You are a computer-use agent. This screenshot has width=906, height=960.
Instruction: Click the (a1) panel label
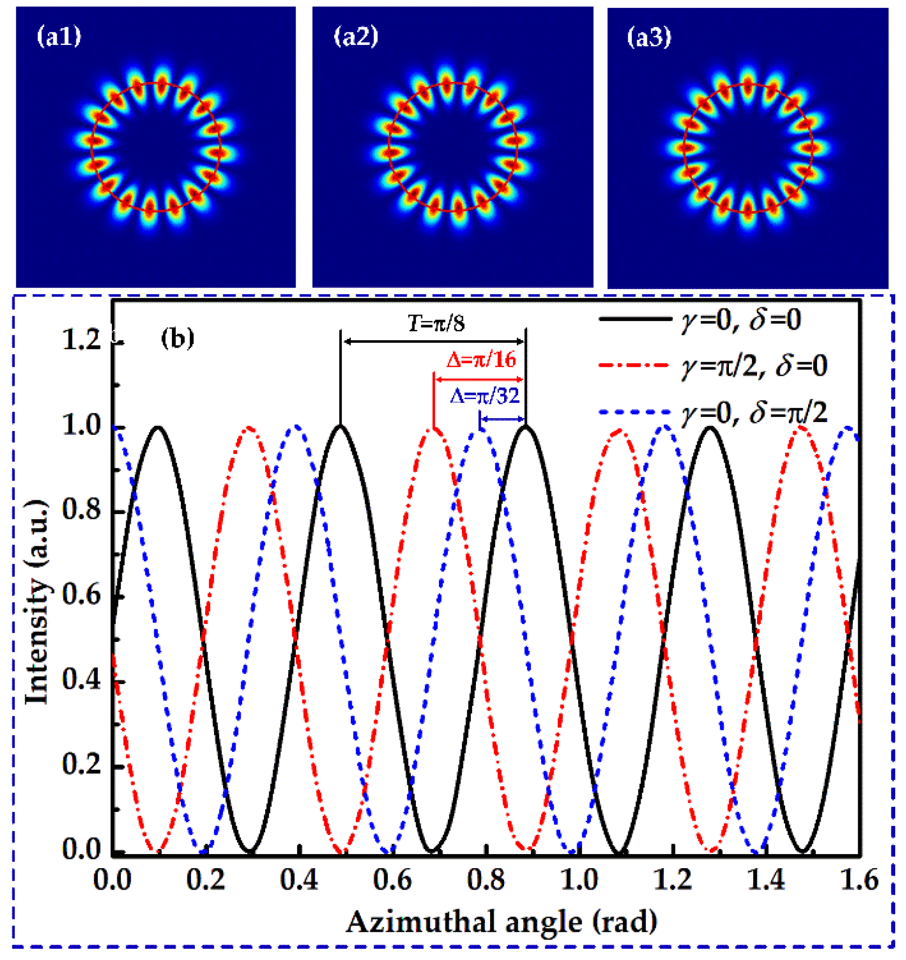(59, 37)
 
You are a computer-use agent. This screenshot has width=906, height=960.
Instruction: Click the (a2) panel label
(356, 37)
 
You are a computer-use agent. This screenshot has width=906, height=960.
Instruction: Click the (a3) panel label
(649, 37)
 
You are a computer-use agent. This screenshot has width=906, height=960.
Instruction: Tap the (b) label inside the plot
(177, 339)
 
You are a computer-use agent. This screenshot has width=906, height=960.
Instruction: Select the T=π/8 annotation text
(436, 324)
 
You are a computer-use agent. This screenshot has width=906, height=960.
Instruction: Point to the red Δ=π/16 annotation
(481, 360)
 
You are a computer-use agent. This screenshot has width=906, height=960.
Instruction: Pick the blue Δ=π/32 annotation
(485, 396)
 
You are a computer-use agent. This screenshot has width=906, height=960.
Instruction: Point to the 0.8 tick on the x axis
(486, 880)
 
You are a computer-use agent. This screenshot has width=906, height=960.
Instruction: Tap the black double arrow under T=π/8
(433, 342)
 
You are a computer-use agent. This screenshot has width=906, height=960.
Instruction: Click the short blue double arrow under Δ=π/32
(503, 419)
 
